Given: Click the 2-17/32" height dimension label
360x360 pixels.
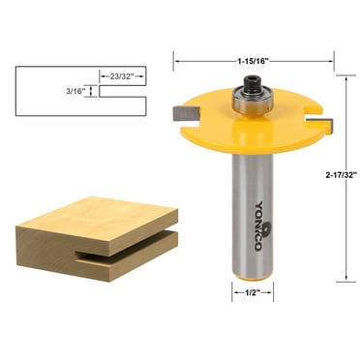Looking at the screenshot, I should point(342,174).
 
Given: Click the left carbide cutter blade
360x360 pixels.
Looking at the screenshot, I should point(185,113).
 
